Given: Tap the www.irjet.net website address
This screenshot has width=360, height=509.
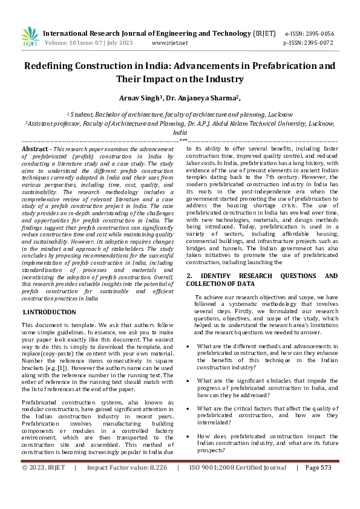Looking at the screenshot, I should (x=169, y=44).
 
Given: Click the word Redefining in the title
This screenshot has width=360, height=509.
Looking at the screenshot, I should (x=53, y=66).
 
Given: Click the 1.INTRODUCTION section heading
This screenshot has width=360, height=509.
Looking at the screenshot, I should (x=49, y=312).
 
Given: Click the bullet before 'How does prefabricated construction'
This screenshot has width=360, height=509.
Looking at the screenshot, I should (x=189, y=436).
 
